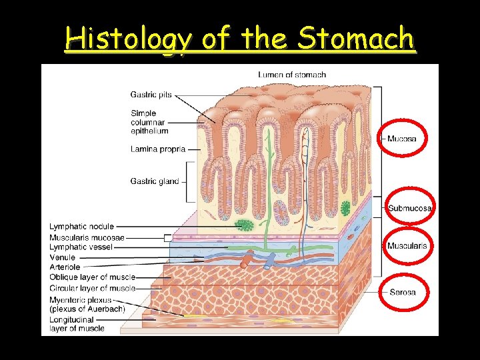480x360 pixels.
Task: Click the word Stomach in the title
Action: [x=356, y=40]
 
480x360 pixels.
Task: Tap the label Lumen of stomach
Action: [x=292, y=75]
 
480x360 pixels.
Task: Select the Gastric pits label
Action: [x=151, y=95]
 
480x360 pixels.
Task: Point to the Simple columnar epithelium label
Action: [x=147, y=123]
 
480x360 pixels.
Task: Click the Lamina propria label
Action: [x=157, y=149]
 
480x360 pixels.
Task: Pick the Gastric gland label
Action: [x=155, y=181]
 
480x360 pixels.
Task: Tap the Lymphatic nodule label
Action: [x=81, y=227]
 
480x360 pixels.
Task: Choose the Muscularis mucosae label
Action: [x=87, y=237]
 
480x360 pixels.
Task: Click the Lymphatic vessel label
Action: [x=81, y=247]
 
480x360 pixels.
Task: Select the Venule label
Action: [x=62, y=257]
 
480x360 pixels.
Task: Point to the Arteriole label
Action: [x=65, y=267]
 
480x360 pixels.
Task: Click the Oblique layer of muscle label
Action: [x=92, y=277]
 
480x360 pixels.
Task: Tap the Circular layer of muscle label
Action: [x=92, y=288]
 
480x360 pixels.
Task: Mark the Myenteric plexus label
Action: [x=80, y=304]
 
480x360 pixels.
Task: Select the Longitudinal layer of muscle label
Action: [x=77, y=324]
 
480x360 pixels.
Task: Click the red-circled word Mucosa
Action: [x=402, y=139]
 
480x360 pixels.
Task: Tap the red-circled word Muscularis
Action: [x=407, y=246]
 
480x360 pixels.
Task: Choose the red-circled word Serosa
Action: [x=402, y=292]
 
